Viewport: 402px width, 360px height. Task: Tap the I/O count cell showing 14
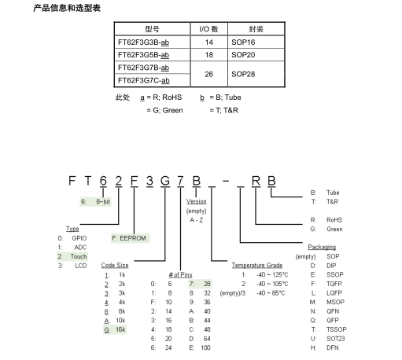(209, 42)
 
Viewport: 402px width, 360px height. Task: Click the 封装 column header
(256, 29)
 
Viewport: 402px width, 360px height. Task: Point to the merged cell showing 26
(209, 74)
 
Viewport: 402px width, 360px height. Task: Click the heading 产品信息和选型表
(67, 8)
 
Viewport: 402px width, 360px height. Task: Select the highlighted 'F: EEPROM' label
(130, 238)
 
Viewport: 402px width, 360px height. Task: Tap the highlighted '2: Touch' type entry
(72, 256)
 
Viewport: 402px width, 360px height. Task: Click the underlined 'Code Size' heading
(115, 265)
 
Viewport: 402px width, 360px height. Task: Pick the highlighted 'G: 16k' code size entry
(115, 329)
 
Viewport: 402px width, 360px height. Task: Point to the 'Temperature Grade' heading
(257, 265)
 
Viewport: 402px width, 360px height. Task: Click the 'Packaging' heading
(322, 247)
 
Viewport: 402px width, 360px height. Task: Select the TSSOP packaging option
(337, 329)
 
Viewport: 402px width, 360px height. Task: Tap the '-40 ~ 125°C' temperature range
(272, 274)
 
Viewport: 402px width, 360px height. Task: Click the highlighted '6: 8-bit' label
(95, 202)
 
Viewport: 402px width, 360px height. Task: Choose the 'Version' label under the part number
(197, 201)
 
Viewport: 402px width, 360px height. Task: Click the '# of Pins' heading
(180, 274)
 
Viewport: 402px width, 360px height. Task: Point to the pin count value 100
(205, 347)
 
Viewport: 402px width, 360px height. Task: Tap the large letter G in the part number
(165, 181)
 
